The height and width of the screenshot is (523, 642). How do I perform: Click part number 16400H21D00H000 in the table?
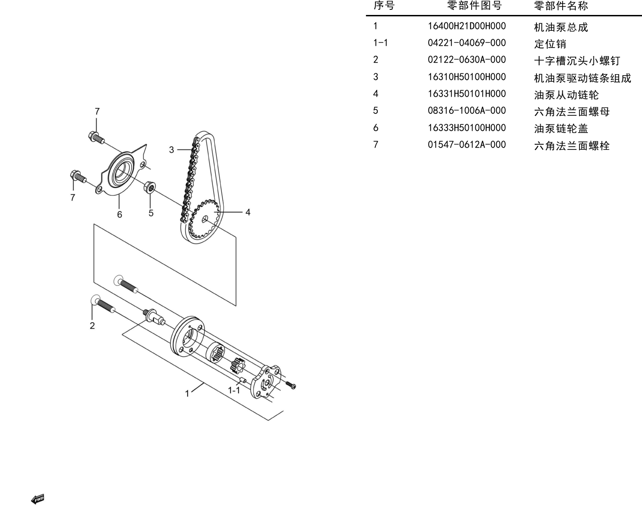coord(466,26)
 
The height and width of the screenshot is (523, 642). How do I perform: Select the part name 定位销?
coord(550,44)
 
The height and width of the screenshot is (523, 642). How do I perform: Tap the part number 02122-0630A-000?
coord(466,59)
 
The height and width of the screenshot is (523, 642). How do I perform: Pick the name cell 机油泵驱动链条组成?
coord(582,78)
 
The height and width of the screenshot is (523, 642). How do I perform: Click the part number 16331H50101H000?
coord(466,94)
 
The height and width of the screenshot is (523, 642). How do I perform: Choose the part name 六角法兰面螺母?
coord(572,112)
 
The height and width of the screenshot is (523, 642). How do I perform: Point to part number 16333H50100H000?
coord(466,128)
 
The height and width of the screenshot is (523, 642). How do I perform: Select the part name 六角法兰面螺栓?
coord(572,146)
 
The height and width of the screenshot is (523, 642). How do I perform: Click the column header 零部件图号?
coord(474,6)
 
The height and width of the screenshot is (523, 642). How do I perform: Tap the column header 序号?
coord(384,6)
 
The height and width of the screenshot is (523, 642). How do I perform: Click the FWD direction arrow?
coord(38,499)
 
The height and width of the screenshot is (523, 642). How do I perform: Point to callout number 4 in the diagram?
coord(248,212)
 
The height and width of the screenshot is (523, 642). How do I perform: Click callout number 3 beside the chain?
coord(171,150)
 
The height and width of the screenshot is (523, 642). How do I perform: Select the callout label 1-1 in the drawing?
coord(234,390)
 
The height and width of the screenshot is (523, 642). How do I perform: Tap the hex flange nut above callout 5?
coord(150,187)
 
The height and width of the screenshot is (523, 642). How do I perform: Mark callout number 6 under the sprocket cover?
coord(120,214)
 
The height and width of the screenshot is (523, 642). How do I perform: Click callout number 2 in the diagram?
coord(92,325)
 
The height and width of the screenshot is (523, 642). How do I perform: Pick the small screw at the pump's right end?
coord(290,385)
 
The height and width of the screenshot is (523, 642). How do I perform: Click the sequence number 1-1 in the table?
coord(381,43)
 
